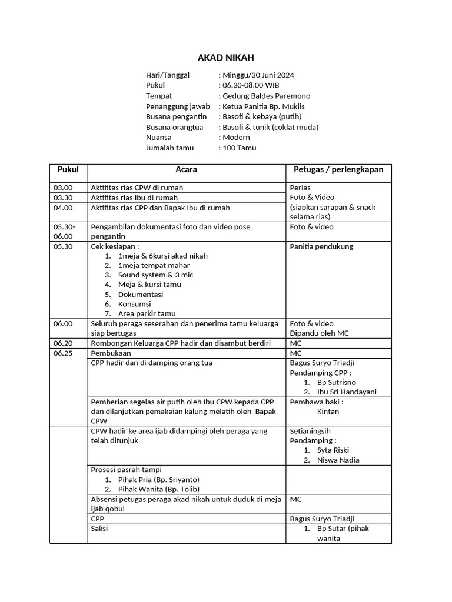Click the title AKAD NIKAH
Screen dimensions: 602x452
225,58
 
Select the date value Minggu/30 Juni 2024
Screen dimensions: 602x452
258,75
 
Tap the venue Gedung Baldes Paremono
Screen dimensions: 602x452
265,96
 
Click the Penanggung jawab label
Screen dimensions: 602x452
178,106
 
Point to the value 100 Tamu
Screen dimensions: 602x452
239,148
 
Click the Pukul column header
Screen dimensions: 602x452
68,170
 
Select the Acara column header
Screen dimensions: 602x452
186,170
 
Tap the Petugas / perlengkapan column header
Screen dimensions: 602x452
338,170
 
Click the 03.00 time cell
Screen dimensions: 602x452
63,188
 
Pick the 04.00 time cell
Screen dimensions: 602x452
63,208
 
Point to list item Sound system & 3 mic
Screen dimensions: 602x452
155,275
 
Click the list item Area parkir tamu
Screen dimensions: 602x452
147,314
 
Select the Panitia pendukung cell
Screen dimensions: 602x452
321,246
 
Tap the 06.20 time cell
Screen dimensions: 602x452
63,343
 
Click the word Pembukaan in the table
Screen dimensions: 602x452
111,353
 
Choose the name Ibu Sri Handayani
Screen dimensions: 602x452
347,392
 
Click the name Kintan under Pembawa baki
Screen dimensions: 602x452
328,412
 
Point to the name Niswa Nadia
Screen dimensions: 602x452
338,460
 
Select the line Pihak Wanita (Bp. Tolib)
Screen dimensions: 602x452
158,489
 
